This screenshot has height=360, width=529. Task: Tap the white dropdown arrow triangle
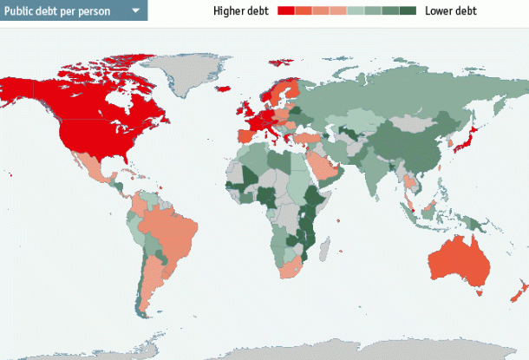135,11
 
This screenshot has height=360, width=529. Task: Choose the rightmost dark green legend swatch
408,11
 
